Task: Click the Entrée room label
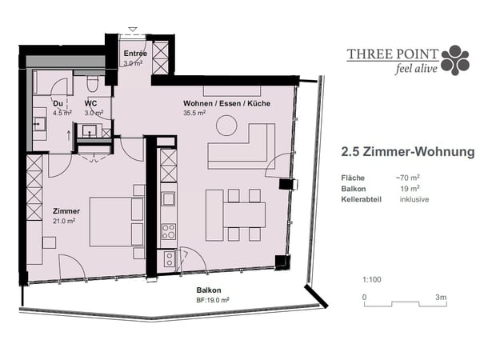click(134, 54)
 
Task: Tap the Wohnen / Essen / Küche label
click(226, 104)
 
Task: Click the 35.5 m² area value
click(195, 114)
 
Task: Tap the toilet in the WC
click(91, 84)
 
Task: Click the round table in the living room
click(226, 126)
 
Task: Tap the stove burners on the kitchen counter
click(169, 232)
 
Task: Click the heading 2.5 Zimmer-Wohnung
click(407, 151)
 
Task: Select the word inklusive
click(414, 199)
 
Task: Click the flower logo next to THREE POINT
click(455, 60)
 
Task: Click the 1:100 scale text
click(371, 279)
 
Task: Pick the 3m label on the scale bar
click(441, 297)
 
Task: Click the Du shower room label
click(58, 104)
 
